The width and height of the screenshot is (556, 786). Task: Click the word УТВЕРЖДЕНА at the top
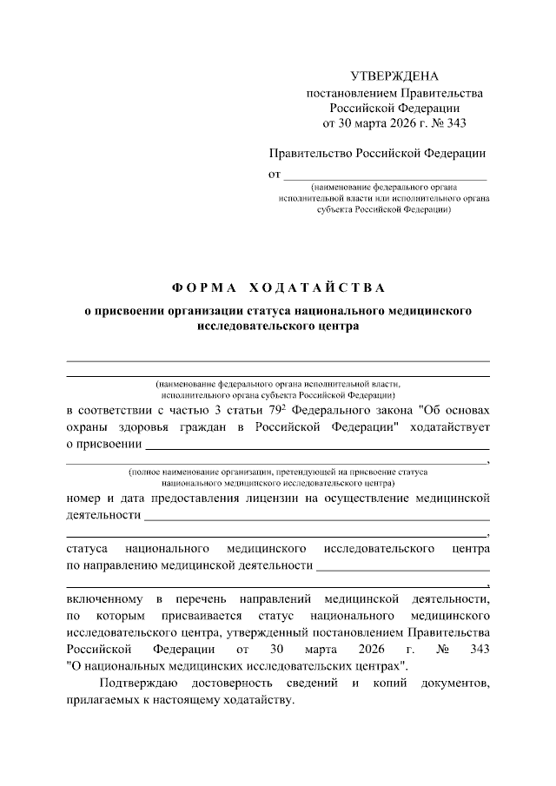pyautogui.click(x=395, y=76)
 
